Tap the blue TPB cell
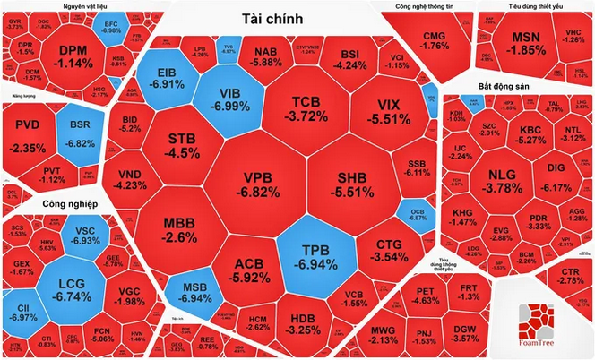pyautogui.click(x=311, y=248)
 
